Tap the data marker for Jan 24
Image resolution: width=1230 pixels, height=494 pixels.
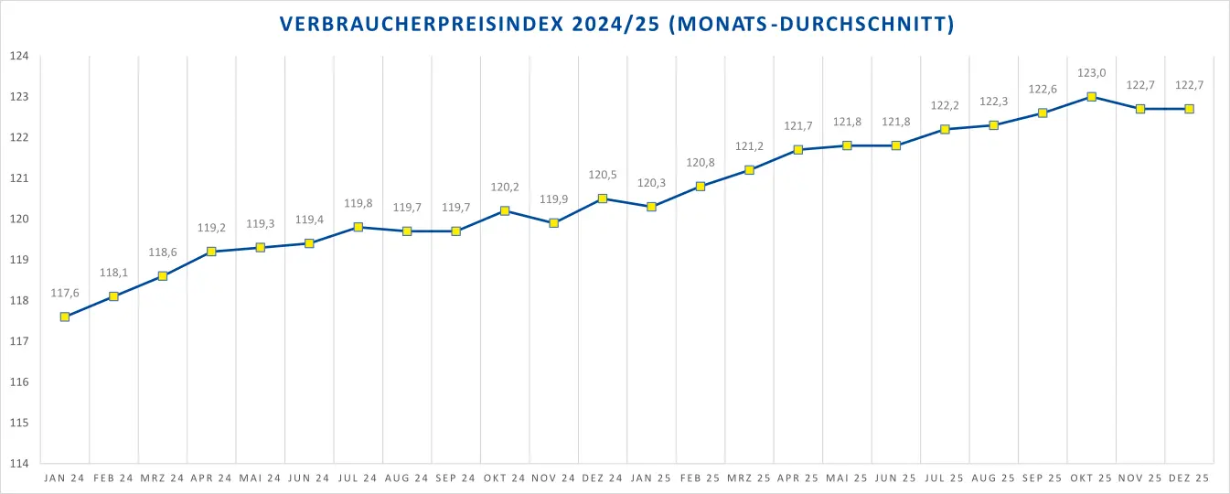point(65,317)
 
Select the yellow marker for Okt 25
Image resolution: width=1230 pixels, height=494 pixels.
point(1091,97)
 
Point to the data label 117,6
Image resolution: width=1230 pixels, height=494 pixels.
point(65,293)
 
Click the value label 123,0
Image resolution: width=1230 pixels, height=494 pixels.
point(1091,73)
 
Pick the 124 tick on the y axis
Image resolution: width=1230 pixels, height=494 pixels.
point(19,57)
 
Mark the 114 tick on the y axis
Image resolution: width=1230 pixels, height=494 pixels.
point(19,464)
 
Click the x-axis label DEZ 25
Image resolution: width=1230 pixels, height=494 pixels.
point(1189,478)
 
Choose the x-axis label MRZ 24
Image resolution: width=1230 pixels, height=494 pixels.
point(163,478)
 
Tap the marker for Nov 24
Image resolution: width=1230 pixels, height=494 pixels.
point(553,223)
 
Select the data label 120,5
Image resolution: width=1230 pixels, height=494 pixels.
point(603,175)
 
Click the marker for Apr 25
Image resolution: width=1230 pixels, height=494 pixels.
point(798,150)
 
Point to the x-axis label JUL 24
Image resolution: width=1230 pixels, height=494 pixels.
point(358,478)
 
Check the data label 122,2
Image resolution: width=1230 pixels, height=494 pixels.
point(945,105)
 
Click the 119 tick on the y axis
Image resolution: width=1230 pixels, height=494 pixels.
point(19,260)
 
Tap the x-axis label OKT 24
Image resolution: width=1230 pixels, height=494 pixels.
point(505,478)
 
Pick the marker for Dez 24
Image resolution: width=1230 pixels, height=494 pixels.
point(603,199)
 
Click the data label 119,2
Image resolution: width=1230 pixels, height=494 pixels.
point(211,228)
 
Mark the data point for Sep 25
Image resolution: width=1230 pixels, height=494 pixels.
point(1043,113)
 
